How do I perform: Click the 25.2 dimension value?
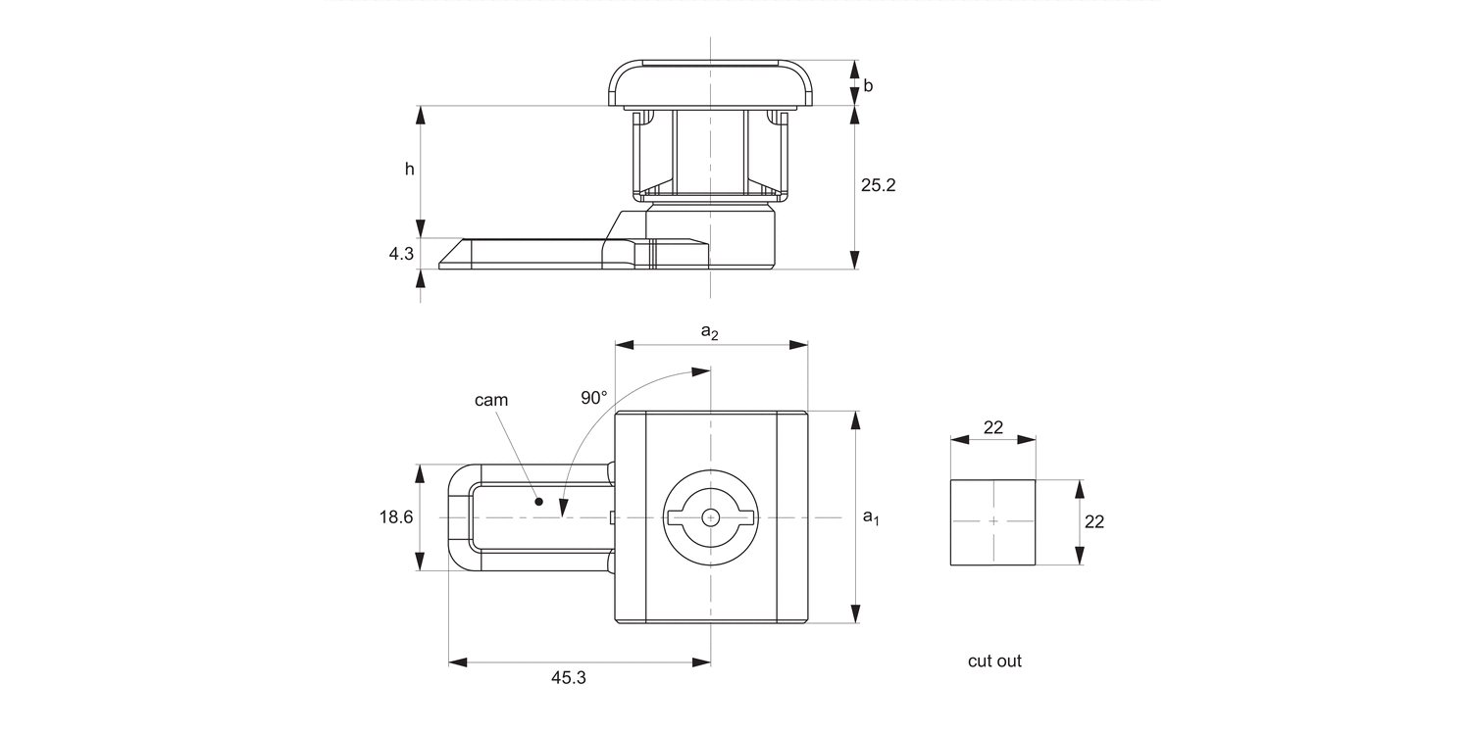click(x=878, y=185)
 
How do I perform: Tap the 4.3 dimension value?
click(x=401, y=254)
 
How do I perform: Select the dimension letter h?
click(x=410, y=169)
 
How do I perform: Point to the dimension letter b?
click(x=868, y=85)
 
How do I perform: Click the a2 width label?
click(x=709, y=332)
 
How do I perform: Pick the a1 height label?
click(x=870, y=516)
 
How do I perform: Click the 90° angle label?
click(x=593, y=397)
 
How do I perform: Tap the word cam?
click(x=491, y=400)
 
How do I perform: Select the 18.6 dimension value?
click(x=396, y=517)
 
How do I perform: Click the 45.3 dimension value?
click(x=568, y=677)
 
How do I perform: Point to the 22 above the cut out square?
click(x=992, y=427)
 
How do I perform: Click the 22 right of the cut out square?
click(x=1094, y=522)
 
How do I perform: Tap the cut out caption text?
click(x=994, y=661)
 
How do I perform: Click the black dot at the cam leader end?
click(x=538, y=502)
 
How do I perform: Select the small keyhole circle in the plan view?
click(x=710, y=517)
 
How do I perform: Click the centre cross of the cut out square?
click(x=992, y=521)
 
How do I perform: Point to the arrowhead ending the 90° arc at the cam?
click(x=564, y=508)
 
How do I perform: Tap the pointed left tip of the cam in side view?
click(x=441, y=265)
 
